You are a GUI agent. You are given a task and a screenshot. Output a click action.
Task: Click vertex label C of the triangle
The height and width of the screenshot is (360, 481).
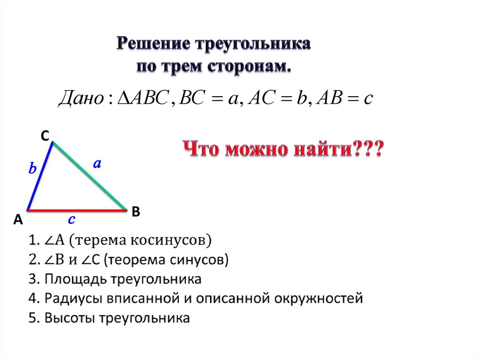(x=45, y=136)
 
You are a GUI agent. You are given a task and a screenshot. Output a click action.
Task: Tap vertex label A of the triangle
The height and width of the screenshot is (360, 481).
(x=18, y=220)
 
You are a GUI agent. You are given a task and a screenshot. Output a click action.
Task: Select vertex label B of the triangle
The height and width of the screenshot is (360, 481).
(x=136, y=212)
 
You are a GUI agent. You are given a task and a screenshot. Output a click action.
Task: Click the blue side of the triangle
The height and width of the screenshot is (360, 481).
(x=40, y=176)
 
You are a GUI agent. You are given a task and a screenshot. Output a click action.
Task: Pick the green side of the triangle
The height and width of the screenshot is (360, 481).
(x=89, y=176)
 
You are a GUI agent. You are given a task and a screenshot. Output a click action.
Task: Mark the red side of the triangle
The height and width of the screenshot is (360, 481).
(x=78, y=210)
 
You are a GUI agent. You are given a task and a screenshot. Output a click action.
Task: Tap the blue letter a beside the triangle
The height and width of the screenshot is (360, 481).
(x=97, y=164)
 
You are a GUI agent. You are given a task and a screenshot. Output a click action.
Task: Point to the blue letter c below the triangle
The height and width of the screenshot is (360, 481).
(x=72, y=220)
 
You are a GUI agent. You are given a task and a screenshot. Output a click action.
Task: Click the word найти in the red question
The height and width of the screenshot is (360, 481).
(x=314, y=150)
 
